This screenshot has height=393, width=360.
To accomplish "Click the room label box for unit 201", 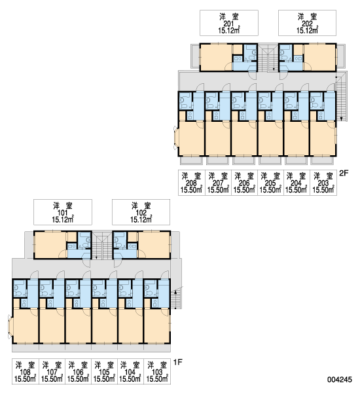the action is click(x=228, y=23).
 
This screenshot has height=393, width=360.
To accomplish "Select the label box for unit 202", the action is click(x=307, y=23).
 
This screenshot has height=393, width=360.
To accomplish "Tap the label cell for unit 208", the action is click(x=192, y=183).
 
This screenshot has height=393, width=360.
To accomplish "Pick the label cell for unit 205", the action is click(x=270, y=183).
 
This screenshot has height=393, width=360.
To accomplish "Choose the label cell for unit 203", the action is click(x=323, y=183).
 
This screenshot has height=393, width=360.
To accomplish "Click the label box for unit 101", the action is click(x=63, y=212).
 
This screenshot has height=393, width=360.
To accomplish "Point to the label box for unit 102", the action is click(x=141, y=212).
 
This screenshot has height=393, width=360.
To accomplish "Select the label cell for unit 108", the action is click(x=26, y=371).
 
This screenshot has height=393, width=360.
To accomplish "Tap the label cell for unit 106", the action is click(x=78, y=371).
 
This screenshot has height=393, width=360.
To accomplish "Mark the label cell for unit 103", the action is click(x=157, y=371).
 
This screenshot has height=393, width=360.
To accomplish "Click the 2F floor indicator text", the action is click(x=344, y=173).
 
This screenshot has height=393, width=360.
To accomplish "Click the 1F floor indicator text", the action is click(x=177, y=362).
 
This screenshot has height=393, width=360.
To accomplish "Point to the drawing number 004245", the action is click(x=340, y=379).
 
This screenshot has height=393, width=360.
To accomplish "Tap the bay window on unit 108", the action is click(x=10, y=327).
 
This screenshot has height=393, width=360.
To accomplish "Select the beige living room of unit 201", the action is click(x=216, y=57).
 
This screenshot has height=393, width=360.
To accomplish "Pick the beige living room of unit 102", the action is click(x=154, y=245).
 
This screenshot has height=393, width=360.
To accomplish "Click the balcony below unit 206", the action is click(x=243, y=160).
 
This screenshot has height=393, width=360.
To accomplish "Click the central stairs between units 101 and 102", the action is click(x=102, y=246).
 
